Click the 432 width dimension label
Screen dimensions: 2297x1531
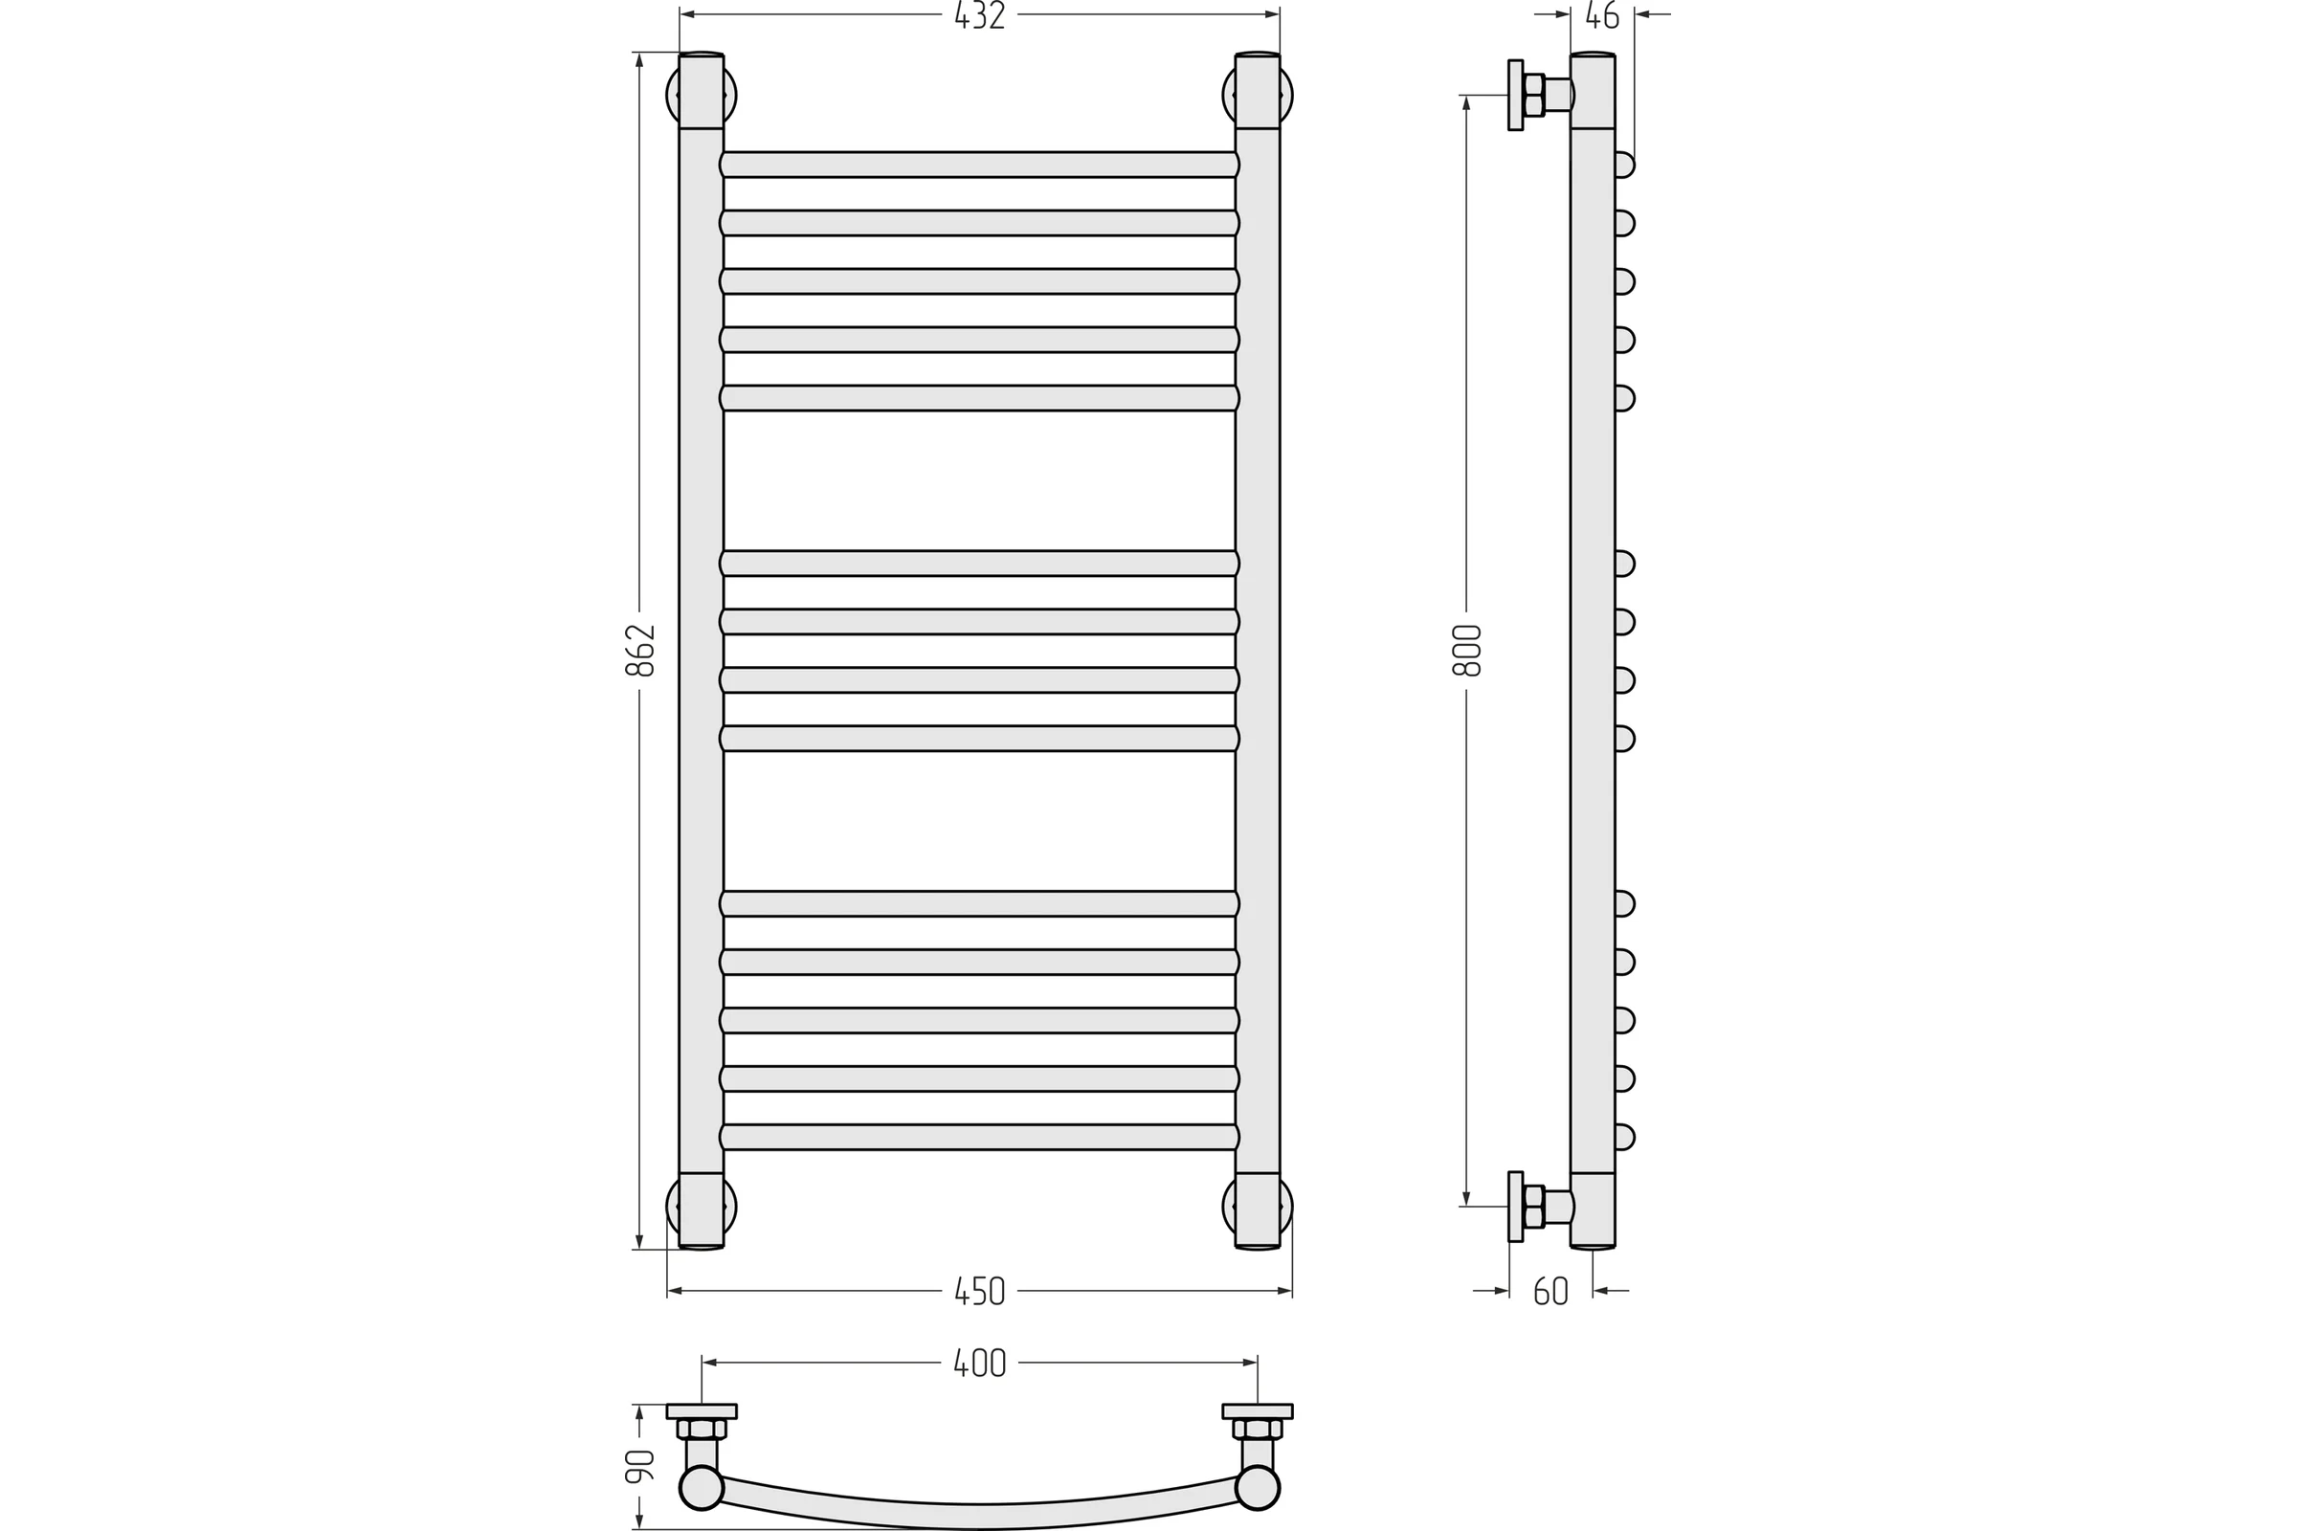(979, 15)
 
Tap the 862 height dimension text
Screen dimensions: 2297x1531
(639, 651)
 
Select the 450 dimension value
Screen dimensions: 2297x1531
(979, 1292)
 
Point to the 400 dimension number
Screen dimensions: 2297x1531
(979, 1363)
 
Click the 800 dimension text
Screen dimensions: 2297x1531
(1467, 651)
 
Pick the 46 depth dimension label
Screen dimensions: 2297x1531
(1601, 15)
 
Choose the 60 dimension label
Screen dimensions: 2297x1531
(1550, 1292)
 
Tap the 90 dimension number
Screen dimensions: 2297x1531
(639, 1466)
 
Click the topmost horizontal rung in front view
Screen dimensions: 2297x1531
(979, 164)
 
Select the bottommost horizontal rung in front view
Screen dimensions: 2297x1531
(979, 1137)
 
